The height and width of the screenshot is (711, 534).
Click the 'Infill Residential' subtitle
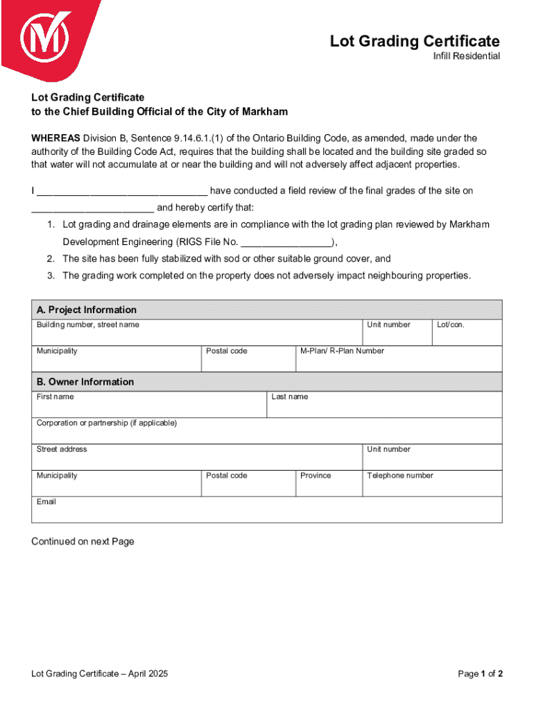[462, 56]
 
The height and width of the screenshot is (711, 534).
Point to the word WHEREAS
[56, 138]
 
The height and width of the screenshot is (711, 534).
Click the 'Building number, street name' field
[197, 333]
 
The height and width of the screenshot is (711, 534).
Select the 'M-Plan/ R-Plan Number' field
[399, 359]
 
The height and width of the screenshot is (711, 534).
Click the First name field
[149, 405]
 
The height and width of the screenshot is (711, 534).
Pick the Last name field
[385, 405]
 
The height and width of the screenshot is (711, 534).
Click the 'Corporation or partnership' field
[267, 431]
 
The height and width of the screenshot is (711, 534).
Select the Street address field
[197, 458]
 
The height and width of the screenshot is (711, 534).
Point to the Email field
[267, 510]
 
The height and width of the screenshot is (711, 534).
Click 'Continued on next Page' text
[83, 542]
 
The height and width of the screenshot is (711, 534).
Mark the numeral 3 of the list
[51, 276]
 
